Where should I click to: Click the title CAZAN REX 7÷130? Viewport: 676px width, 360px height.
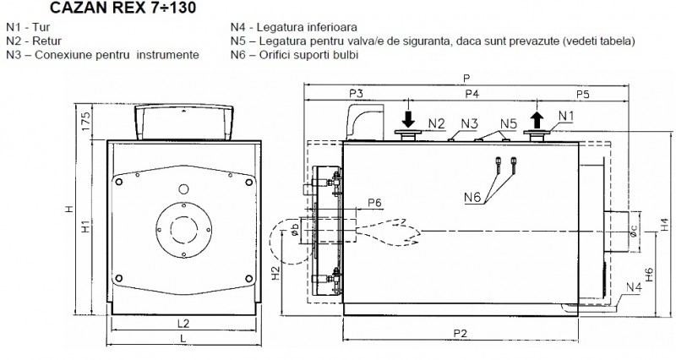pyautogui.click(x=123, y=8)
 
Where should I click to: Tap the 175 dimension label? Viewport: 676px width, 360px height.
pyautogui.click(x=86, y=122)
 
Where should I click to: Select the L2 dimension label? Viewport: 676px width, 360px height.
pyautogui.click(x=183, y=324)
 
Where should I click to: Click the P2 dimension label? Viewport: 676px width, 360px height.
pyautogui.click(x=460, y=333)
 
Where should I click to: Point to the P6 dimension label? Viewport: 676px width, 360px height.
pyautogui.click(x=374, y=203)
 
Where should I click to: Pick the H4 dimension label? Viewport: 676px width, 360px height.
pyautogui.click(x=665, y=224)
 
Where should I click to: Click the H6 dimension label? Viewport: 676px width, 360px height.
pyautogui.click(x=649, y=275)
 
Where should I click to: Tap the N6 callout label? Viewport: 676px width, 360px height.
pyautogui.click(x=472, y=198)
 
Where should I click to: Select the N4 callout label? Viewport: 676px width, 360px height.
pyautogui.click(x=634, y=287)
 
